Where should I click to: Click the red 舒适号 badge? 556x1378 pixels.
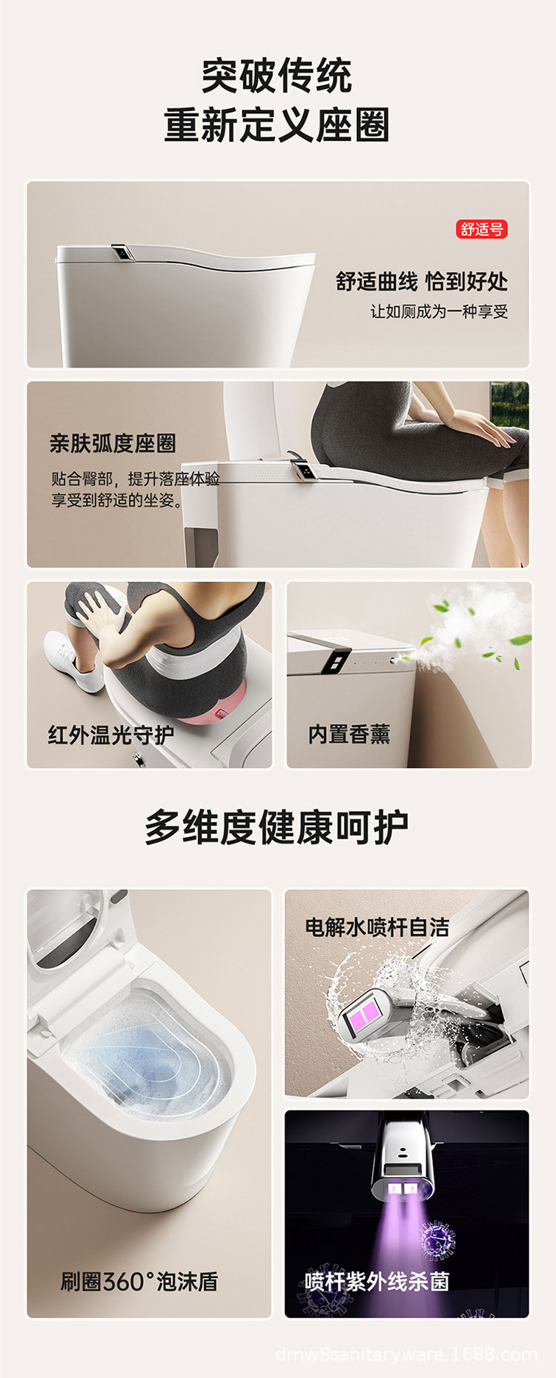pos(482,230)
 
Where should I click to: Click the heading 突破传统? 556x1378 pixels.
pos(277,76)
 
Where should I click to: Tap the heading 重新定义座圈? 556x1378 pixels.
pos(277,125)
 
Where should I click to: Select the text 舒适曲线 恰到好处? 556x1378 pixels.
pos(422,282)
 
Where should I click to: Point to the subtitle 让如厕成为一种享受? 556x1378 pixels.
pos(439,311)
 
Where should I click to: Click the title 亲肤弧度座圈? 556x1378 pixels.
pos(113,443)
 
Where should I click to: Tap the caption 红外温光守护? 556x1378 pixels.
pos(111,735)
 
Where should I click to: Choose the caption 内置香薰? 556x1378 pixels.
pos(349,734)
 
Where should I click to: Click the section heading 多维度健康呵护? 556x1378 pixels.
pos(277,827)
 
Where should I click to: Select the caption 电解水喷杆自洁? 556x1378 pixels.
pos(377,927)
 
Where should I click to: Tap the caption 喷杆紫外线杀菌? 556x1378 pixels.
pos(377,1281)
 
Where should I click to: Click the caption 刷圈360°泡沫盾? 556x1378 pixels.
pos(139,1281)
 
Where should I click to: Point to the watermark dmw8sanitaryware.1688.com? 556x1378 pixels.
pos(406,1354)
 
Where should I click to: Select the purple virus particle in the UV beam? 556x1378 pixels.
pos(437,1239)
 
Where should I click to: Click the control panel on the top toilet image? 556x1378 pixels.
pos(123,253)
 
